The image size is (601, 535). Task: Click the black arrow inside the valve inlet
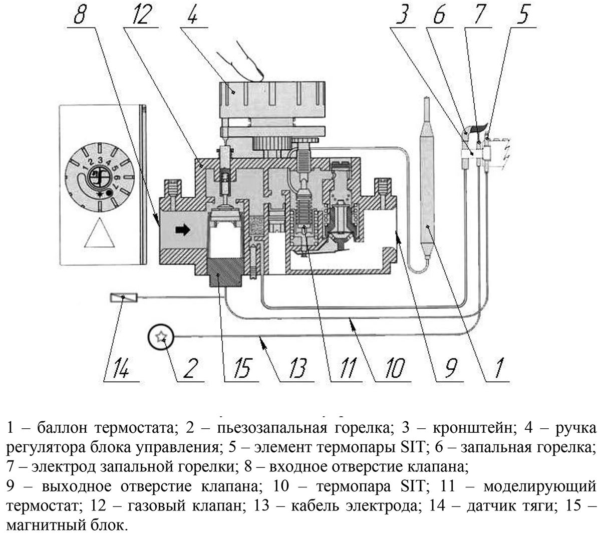182,229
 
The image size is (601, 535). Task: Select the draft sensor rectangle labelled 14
124,298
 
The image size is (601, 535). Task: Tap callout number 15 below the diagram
242,368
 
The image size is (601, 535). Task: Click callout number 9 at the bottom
450,368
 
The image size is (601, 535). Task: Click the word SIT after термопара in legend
412,486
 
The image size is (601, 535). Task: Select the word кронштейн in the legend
472,428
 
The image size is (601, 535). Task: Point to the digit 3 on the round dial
100,160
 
